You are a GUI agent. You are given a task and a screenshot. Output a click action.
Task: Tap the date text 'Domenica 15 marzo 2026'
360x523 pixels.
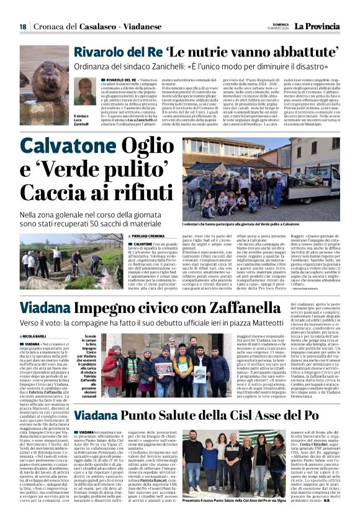click(277, 26)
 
